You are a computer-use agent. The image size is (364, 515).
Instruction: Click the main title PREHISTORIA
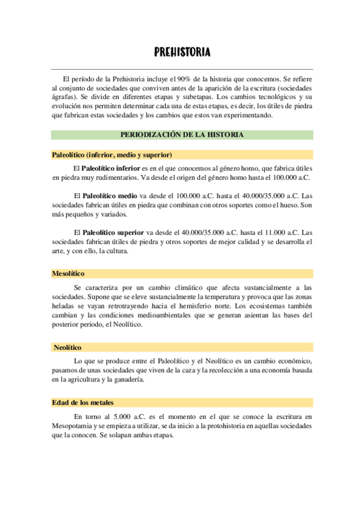coord(182,53)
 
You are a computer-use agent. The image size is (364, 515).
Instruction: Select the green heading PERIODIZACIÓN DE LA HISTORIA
coord(182,134)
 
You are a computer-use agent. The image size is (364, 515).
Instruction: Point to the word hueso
coord(287,205)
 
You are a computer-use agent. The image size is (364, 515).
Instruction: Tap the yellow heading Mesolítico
coord(68,273)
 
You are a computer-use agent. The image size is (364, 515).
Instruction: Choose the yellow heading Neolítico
coord(67,347)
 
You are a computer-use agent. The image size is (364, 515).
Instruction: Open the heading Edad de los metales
coord(83,403)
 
